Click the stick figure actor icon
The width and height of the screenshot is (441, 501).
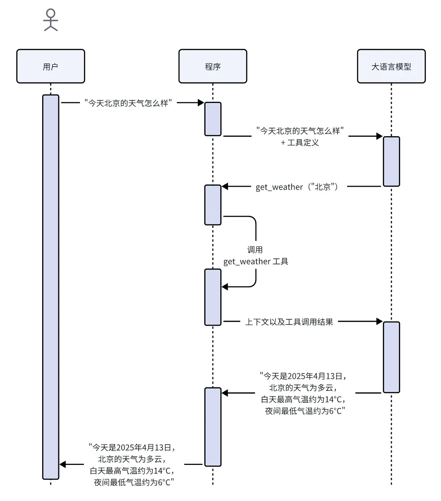click(50, 20)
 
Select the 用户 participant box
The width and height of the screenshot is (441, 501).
click(50, 66)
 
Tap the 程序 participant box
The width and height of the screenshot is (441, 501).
click(212, 66)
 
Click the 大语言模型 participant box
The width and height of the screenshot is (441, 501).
click(391, 66)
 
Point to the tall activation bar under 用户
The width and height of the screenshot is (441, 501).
click(50, 287)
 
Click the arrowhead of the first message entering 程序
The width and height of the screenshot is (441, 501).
click(201, 103)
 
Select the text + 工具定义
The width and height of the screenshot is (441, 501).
click(300, 143)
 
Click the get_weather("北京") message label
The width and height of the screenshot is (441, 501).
click(297, 187)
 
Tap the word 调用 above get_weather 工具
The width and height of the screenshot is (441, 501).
click(255, 250)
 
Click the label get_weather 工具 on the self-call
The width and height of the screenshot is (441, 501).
click(256, 262)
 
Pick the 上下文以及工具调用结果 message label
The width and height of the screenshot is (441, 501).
click(289, 322)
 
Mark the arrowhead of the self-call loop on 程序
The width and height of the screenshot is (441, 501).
click(225, 287)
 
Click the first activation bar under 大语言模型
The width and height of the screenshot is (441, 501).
click(391, 161)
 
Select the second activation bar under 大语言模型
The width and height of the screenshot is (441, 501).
click(391, 357)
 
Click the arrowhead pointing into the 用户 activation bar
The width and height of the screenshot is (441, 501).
click(63, 464)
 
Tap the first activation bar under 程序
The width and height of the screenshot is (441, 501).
click(213, 119)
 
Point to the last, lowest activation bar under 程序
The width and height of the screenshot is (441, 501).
click(213, 427)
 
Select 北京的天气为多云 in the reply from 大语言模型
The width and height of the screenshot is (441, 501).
click(302, 387)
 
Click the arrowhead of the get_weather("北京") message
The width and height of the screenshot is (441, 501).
click(225, 187)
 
